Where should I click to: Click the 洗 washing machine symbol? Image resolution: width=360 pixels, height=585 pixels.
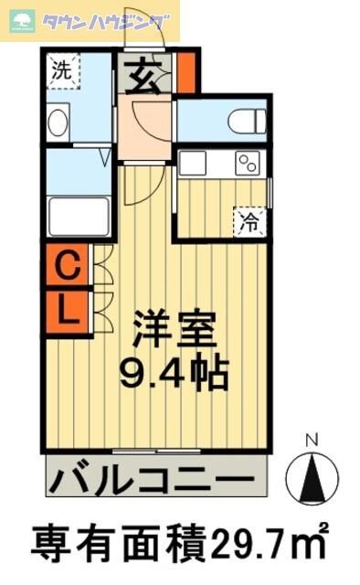(x=63, y=70)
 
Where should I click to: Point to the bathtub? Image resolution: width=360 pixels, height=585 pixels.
(x=79, y=217)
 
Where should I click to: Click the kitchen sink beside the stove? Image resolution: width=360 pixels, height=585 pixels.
(x=194, y=164)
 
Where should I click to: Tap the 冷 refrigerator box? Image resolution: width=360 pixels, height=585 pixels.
(x=249, y=220)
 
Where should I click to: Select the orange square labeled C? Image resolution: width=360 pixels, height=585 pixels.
(x=67, y=268)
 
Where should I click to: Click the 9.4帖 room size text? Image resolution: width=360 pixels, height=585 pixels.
(x=174, y=372)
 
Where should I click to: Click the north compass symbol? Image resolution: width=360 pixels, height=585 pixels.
(x=312, y=476)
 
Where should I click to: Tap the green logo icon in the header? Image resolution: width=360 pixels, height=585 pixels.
(x=20, y=20)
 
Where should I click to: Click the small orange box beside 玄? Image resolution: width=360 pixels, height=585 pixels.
(x=185, y=74)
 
